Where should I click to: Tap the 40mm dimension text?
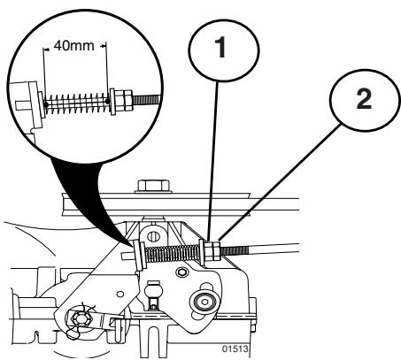(x=74, y=46)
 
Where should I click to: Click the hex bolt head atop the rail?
(x=153, y=186)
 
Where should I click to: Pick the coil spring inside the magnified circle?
(x=77, y=103)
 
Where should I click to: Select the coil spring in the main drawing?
(x=173, y=254)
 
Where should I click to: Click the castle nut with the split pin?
(x=79, y=318)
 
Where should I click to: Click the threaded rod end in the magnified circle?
(x=147, y=98)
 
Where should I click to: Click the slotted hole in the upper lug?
(x=152, y=235)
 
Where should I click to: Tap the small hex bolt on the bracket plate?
(x=182, y=272)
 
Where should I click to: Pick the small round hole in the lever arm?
(x=120, y=294)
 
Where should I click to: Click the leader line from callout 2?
(x=279, y=183)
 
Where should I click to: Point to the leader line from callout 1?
(x=213, y=162)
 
